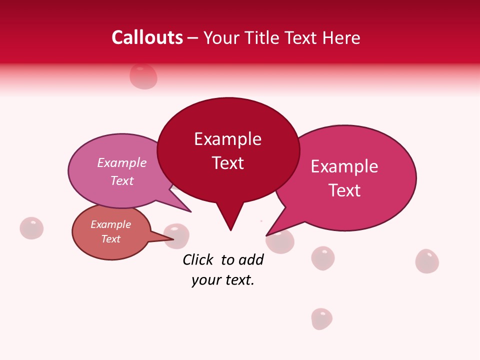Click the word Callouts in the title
(x=147, y=37)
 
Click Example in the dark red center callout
(x=227, y=139)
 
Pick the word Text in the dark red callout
(x=228, y=163)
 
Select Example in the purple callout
(x=122, y=163)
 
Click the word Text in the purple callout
(x=122, y=180)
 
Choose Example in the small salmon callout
(x=110, y=224)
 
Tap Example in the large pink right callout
(x=344, y=166)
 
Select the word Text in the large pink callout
(x=344, y=190)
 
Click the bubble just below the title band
(x=143, y=76)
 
